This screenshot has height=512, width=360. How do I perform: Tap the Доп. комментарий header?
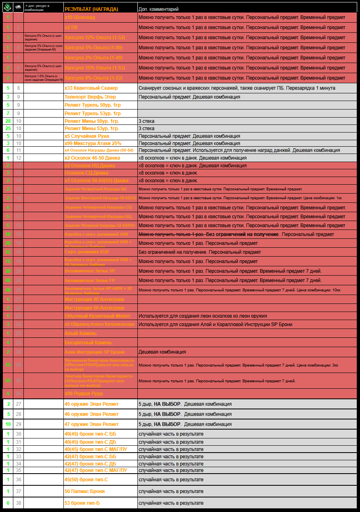click(x=158, y=9)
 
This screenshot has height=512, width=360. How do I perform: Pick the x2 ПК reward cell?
click(x=71, y=27)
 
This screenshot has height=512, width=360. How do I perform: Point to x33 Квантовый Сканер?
click(x=91, y=88)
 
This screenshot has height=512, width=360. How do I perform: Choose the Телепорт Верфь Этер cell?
click(x=90, y=97)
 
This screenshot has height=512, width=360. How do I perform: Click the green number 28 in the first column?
click(x=8, y=121)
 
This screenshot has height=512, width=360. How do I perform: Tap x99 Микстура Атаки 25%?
click(x=93, y=143)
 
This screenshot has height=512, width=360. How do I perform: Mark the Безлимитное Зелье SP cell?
click(x=90, y=271)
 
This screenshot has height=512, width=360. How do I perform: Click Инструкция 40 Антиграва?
click(x=94, y=299)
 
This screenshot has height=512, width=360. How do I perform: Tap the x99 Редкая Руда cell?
click(x=83, y=394)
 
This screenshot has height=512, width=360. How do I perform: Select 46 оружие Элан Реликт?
click(x=91, y=414)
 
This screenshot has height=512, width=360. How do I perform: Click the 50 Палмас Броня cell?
click(x=84, y=491)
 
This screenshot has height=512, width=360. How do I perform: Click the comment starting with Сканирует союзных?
click(x=237, y=88)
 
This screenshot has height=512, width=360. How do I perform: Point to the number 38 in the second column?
click(x=19, y=503)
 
